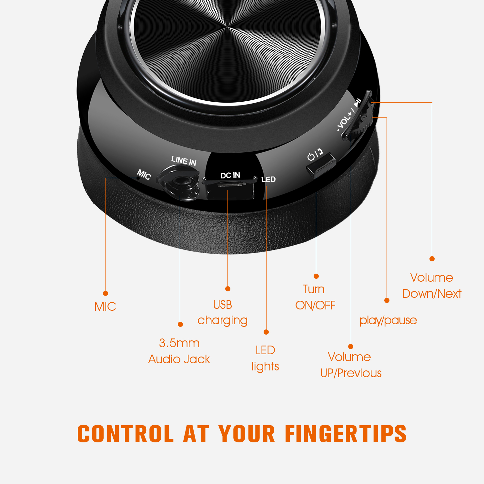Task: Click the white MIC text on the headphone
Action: coord(144,175)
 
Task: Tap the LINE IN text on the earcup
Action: coord(184,161)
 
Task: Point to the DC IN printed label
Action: coord(230,175)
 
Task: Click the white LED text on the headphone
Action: coord(268,179)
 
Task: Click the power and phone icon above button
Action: coord(315,155)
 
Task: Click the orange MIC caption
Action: coord(105,307)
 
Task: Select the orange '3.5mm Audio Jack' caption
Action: coord(179,351)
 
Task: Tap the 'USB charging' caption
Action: coord(222,312)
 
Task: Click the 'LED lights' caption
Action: coord(265,358)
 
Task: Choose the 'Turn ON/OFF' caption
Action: coord(315,297)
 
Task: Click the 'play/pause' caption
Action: coord(388,320)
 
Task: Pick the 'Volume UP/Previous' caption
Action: coord(351,365)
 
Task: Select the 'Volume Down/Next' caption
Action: coord(432,286)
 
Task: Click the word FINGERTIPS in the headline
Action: coord(346,433)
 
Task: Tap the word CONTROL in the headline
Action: coord(126,433)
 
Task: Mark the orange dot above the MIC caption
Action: coord(106,293)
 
